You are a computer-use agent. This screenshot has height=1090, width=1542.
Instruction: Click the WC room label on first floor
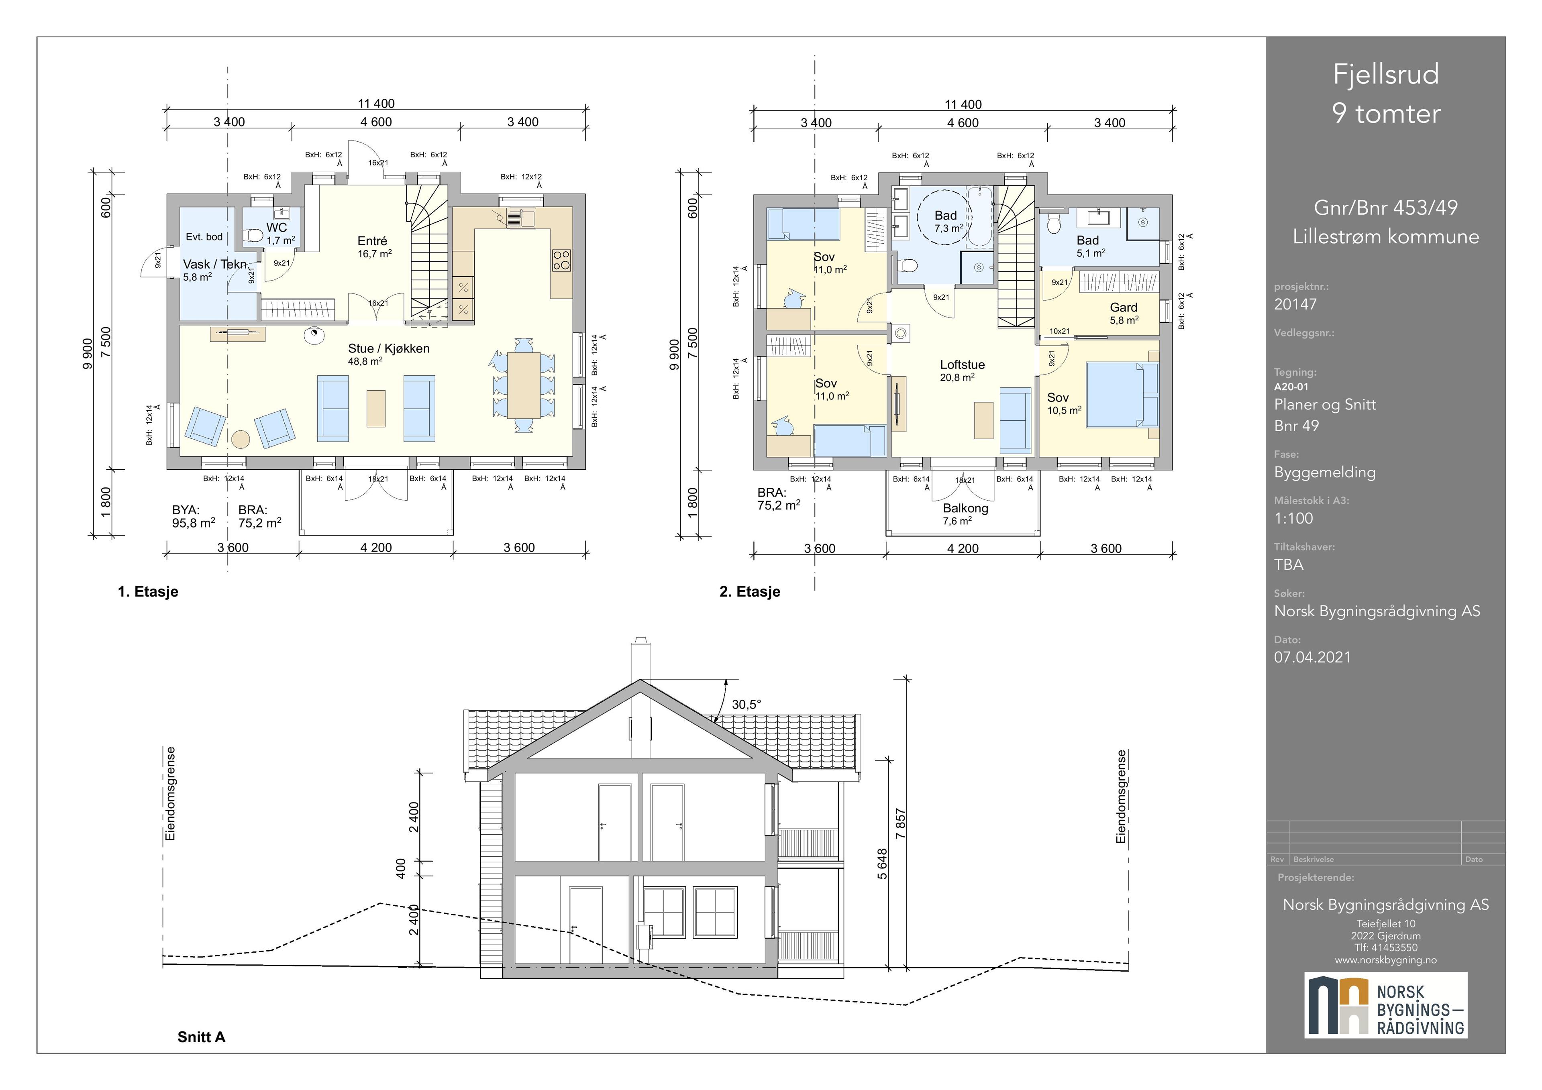point(277,228)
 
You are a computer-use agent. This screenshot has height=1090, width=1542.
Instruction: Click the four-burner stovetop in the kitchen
point(561,260)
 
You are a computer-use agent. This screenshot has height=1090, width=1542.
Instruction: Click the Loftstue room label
point(963,365)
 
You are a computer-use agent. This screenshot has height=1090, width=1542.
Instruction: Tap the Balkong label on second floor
point(965,508)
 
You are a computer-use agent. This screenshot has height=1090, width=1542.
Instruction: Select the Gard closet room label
point(1124,308)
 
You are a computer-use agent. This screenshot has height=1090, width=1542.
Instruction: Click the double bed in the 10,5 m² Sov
point(1122,395)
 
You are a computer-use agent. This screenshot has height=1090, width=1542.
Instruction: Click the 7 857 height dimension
point(901,823)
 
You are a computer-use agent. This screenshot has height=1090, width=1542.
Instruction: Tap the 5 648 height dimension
point(883,864)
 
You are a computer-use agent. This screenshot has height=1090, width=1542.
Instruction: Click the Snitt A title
point(202,1037)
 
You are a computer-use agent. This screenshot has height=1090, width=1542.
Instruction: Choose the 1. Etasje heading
point(148,592)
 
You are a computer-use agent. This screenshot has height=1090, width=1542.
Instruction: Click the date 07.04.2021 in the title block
point(1312,658)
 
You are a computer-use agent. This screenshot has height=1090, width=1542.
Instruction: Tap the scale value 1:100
point(1293,518)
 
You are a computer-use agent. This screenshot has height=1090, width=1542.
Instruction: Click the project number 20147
point(1295,304)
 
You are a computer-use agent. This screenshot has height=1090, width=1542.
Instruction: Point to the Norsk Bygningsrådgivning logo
point(1385,1005)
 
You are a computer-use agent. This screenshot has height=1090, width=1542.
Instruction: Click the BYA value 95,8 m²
point(194,522)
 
